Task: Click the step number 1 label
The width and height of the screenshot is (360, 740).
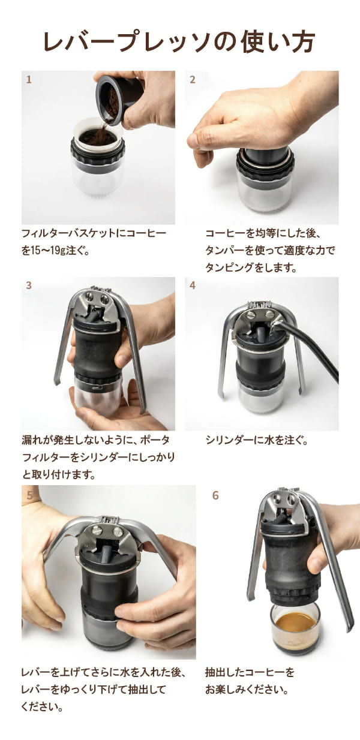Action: [x=29, y=80]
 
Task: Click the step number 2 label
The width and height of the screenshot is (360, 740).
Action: [x=193, y=80]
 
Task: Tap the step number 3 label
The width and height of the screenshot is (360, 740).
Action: [x=29, y=285]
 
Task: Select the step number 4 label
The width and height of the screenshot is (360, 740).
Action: [x=193, y=285]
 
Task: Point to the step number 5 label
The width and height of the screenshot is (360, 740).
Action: [x=30, y=495]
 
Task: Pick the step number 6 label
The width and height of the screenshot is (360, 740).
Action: [x=215, y=495]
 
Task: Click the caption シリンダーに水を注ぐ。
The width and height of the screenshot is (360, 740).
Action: [x=257, y=440]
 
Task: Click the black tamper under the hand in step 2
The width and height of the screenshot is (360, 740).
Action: [x=265, y=155]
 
